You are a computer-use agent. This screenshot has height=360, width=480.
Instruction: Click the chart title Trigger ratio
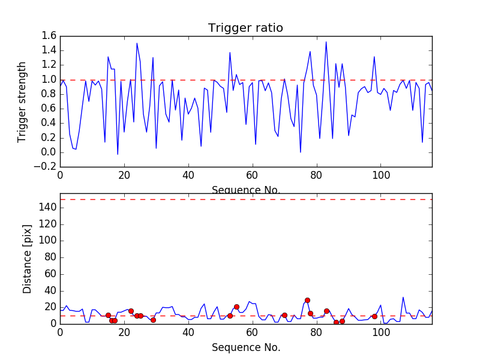pos(245,28)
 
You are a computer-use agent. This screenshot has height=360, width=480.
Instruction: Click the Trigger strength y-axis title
pos(23,101)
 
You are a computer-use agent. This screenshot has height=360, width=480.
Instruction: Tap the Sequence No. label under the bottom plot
pos(245,347)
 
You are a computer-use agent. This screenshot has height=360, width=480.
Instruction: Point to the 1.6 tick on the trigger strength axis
pos(49,37)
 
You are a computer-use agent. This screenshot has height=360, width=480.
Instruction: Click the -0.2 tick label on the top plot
pos(46,167)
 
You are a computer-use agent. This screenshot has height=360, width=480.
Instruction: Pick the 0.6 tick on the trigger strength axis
pos(49,109)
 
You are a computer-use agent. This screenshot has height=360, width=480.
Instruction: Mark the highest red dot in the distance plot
pos(307,300)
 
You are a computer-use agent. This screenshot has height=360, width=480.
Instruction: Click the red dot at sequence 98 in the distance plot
pos(374,316)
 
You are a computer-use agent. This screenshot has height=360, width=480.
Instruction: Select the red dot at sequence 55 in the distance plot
pos(236,307)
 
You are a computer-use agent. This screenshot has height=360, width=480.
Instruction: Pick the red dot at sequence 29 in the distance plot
pos(153,320)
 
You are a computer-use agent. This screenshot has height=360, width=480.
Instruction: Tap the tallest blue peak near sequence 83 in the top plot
pos(326,42)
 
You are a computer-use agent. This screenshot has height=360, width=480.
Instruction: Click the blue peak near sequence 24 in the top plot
pos(137,43)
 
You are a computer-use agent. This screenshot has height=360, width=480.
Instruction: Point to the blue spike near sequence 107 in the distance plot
pos(403,298)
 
